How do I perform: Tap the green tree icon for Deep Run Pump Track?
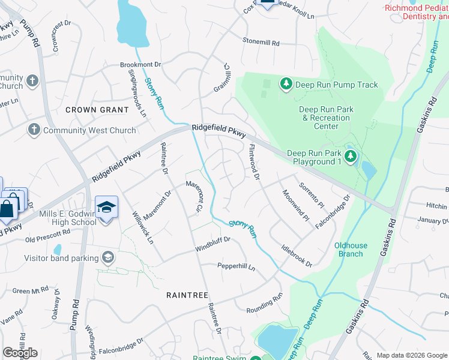point(286,85)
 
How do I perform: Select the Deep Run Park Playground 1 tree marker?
point(351,157)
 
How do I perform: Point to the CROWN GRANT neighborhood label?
point(97,110)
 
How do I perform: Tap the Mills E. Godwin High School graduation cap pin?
point(106,208)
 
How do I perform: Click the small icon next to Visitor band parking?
point(107,258)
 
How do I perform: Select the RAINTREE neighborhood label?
point(187,295)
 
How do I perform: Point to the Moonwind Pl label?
point(295,205)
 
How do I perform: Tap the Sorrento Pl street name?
point(311,195)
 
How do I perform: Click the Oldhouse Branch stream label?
point(349,250)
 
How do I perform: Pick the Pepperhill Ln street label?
point(236,265)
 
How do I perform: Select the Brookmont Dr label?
point(141,64)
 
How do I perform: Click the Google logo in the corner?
point(20,353)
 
